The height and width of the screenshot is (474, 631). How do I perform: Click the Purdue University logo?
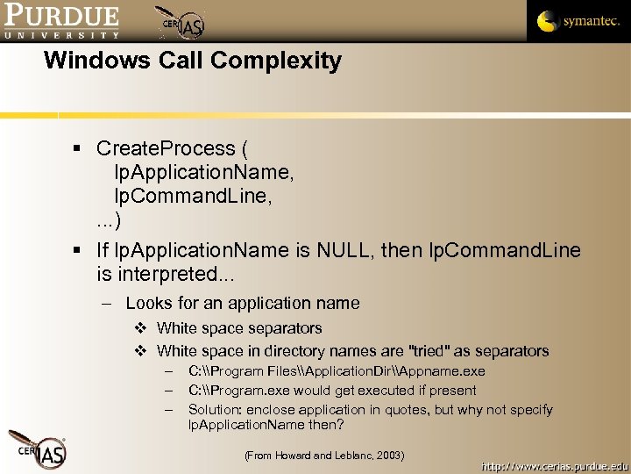click(61, 22)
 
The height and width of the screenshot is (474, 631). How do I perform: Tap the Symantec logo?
click(578, 21)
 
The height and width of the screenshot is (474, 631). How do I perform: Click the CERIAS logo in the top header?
click(182, 24)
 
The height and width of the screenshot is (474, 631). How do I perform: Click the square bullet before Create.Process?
click(78, 149)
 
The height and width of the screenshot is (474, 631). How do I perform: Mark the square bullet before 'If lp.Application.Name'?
click(78, 251)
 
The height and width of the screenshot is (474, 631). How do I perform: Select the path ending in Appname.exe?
click(337, 371)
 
